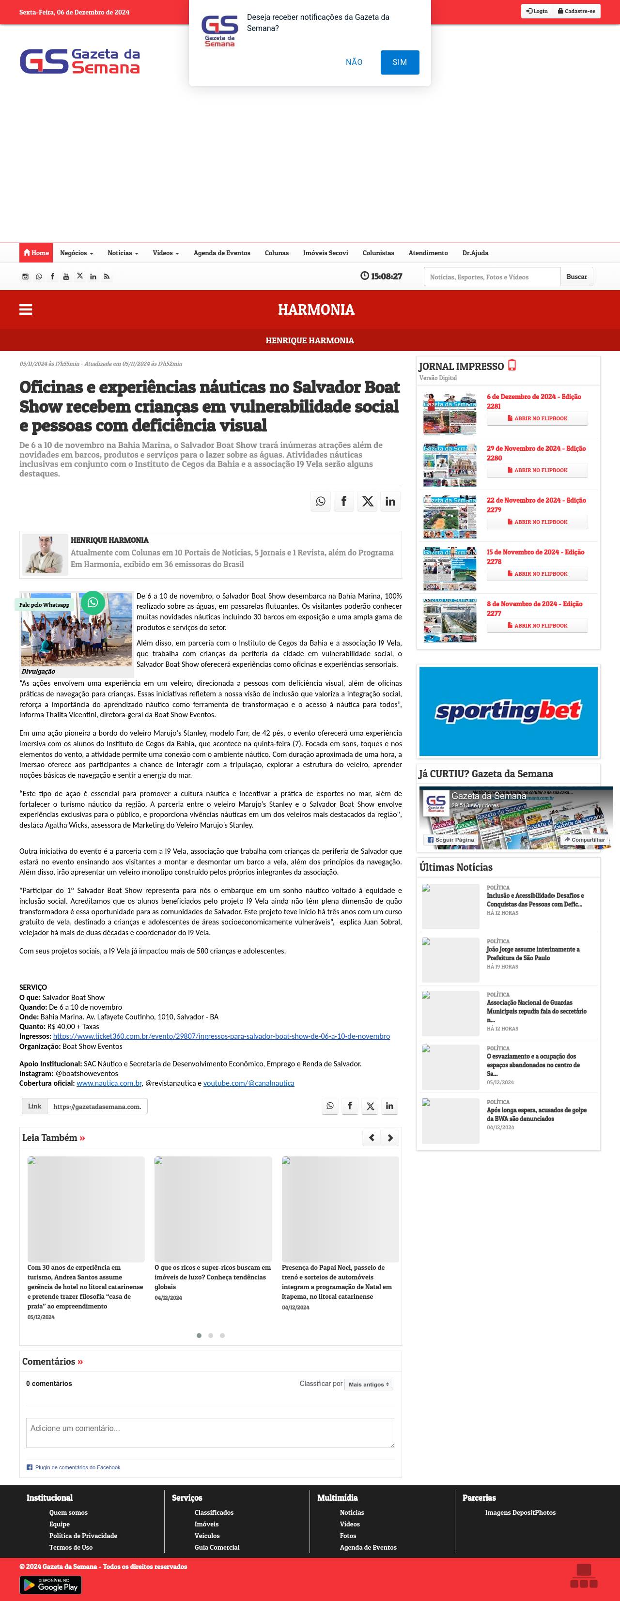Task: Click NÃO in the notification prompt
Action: pyautogui.click(x=354, y=62)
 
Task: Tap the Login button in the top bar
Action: pyautogui.click(x=537, y=11)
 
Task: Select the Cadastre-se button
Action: pyautogui.click(x=576, y=11)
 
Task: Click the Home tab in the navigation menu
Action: pyautogui.click(x=36, y=253)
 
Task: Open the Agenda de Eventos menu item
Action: pyautogui.click(x=221, y=253)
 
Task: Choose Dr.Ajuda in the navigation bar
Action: pyautogui.click(x=475, y=253)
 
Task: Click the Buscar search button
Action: pyautogui.click(x=576, y=277)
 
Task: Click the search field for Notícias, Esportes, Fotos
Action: pyautogui.click(x=491, y=277)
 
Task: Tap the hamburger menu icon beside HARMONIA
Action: pyautogui.click(x=26, y=309)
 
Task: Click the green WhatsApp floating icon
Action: pyautogui.click(x=93, y=602)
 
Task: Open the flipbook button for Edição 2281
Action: pyautogui.click(x=537, y=418)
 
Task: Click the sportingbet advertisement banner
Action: pyautogui.click(x=508, y=711)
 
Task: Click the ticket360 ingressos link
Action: pyautogui.click(x=221, y=1036)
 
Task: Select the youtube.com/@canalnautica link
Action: pyautogui.click(x=249, y=1083)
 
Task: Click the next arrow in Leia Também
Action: pyautogui.click(x=390, y=1138)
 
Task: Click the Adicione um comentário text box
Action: pyautogui.click(x=210, y=1432)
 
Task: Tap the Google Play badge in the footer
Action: pyautogui.click(x=50, y=1586)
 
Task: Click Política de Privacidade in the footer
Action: pyautogui.click(x=83, y=1535)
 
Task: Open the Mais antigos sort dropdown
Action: pyautogui.click(x=369, y=1384)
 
